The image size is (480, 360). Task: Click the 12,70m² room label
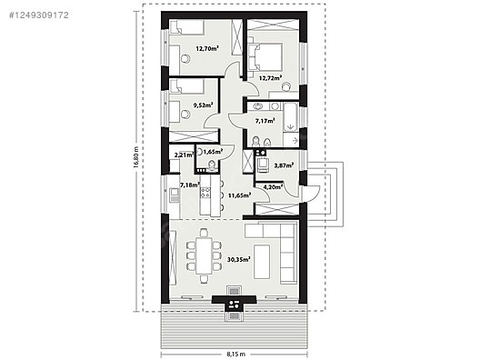tap(209, 48)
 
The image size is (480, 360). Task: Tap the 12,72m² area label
tap(270, 78)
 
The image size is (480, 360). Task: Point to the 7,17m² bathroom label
tap(265, 121)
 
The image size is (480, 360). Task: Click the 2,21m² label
tap(182, 155)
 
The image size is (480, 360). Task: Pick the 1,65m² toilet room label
tap(213, 152)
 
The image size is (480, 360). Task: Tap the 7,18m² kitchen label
tap(189, 185)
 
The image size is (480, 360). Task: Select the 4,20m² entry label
tap(273, 187)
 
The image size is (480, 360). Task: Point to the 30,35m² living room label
tap(239, 259)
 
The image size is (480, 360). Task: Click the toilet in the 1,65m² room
tap(212, 165)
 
